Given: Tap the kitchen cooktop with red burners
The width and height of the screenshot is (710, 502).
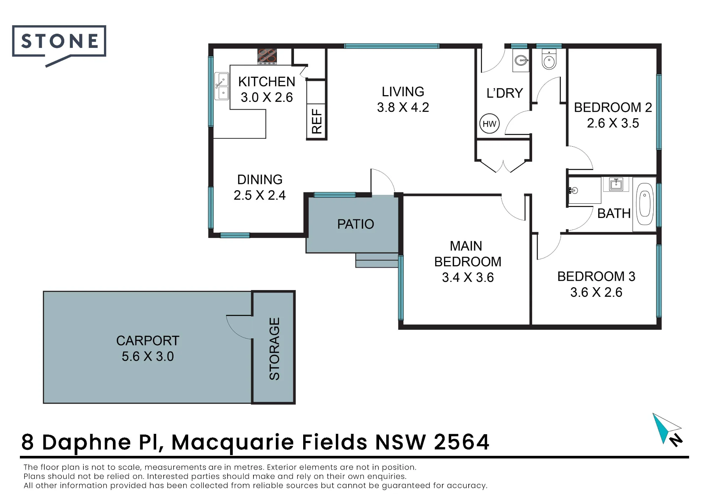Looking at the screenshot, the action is (267, 56).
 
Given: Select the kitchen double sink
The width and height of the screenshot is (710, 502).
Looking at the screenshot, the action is (222, 86).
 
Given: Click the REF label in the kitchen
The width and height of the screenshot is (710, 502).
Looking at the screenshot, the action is (317, 121).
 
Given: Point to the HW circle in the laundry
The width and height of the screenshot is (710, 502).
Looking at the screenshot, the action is (489, 124).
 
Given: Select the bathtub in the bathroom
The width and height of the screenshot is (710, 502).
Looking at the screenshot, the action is (645, 204).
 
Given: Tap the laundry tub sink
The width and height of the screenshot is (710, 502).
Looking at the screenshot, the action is (521, 61).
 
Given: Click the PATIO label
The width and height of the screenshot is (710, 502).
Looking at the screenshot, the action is (355, 224).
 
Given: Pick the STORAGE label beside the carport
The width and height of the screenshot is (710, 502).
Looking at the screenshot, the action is (274, 349).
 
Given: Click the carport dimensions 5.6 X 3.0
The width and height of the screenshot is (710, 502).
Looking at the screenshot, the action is (148, 356).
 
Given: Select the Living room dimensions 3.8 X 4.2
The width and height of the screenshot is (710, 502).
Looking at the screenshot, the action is (403, 107).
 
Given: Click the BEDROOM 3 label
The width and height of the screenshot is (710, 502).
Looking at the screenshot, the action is (596, 277).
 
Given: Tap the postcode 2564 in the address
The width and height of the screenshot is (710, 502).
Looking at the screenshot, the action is (461, 442).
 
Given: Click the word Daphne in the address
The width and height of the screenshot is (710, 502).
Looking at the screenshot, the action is (87, 443).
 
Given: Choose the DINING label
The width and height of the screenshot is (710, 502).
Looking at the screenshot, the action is (260, 180).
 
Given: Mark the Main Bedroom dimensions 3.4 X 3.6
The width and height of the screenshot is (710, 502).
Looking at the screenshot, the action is (468, 277).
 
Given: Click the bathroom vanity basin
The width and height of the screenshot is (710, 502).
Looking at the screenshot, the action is (616, 184).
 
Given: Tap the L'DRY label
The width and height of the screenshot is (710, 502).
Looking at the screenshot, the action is (505, 93).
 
